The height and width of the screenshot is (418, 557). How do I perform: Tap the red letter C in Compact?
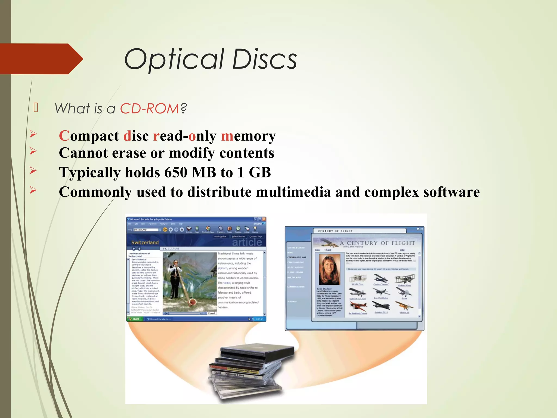pyautogui.click(x=64, y=136)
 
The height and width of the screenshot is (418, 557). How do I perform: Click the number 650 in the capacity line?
pyautogui.click(x=176, y=173)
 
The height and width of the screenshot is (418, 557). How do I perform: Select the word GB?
pyautogui.click(x=260, y=173)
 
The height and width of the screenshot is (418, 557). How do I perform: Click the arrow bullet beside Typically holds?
pyautogui.click(x=33, y=171)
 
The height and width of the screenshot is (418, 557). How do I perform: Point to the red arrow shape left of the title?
pyautogui.click(x=41, y=59)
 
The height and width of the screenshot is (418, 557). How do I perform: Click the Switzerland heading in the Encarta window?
pyautogui.click(x=145, y=242)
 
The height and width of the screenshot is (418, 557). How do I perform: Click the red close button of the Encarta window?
pyautogui.click(x=264, y=219)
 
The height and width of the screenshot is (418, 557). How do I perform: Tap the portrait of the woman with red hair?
pyautogui.click(x=329, y=269)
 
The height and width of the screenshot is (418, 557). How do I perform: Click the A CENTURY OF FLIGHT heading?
pyautogui.click(x=377, y=243)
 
